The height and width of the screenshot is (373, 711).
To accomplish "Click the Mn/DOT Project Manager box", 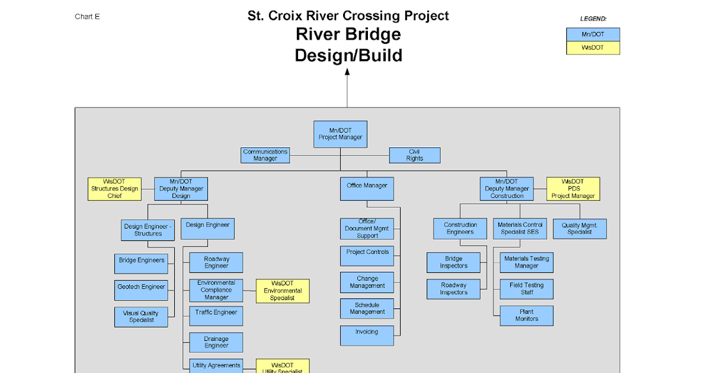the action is pos(340,134).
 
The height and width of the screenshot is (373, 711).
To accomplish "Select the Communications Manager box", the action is pos(265,155).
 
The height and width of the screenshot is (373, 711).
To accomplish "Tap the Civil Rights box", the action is pos(415,155).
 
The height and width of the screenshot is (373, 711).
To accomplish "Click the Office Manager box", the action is pos(367,189).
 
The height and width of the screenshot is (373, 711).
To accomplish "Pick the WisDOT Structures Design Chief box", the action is pos(114,189).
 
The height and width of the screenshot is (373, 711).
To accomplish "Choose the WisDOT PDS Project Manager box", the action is pos(573,189).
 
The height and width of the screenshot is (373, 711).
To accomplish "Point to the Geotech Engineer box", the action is pos(141,290).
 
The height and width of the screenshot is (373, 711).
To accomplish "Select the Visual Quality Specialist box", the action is pos(141,317).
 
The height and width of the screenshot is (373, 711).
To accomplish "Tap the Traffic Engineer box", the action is pos(216,316).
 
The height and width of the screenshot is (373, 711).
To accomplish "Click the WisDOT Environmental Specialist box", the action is pos(283,291).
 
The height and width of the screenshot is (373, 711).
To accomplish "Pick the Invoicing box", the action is pos(367,335).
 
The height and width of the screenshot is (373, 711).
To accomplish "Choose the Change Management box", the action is pos(367,282).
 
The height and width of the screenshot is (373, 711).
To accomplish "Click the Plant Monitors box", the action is pos(527,316).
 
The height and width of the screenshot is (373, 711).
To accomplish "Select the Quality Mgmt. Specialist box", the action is pos(579,229).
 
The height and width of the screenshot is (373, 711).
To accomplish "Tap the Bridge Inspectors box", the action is pos(453,262).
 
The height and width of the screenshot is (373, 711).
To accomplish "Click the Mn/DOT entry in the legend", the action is pos(592,34).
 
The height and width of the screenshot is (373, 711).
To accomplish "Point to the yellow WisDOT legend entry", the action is pos(592,48).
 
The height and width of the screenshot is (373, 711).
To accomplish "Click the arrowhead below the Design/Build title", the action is pos(347,72).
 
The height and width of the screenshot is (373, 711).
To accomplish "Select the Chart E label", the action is pos(87,17).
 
